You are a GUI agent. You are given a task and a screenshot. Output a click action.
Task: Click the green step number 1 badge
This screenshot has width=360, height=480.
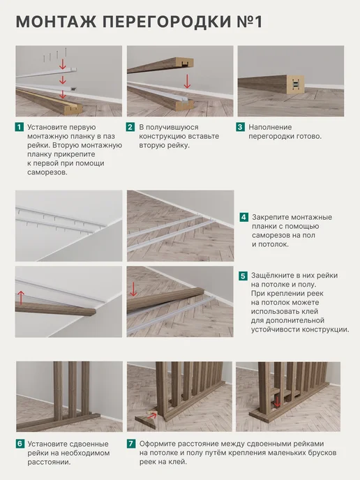(20, 127)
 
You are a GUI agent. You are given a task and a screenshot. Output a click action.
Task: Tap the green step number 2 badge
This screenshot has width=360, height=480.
(130, 127)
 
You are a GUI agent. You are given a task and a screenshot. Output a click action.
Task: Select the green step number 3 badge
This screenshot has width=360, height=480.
(240, 127)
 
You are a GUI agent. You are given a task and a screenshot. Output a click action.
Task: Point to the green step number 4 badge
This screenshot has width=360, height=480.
(243, 218)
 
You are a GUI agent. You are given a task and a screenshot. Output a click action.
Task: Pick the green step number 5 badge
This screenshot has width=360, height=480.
(243, 276)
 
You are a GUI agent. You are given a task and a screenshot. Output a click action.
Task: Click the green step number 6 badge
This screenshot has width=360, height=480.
(20, 444)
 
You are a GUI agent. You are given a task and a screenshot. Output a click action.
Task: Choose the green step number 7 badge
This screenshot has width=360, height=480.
(131, 444)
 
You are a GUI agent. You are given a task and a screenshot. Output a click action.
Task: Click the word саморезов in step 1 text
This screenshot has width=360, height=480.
(47, 172)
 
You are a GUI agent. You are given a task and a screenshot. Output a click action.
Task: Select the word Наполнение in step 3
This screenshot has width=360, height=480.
(270, 127)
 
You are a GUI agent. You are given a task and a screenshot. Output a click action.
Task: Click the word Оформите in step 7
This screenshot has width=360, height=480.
(158, 444)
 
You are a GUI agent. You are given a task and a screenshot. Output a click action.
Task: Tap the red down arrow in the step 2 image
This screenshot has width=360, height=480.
(187, 81)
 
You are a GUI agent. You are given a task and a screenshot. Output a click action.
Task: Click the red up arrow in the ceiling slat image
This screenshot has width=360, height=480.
(21, 297)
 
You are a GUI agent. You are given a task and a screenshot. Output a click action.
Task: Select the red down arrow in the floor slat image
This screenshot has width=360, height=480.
(133, 290)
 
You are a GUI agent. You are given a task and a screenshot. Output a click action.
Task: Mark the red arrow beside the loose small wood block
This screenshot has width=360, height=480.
(153, 415)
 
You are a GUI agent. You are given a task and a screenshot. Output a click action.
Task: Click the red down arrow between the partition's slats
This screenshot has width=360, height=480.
(277, 402)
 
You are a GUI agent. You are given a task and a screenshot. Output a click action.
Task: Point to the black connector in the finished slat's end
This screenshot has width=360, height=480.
(295, 84)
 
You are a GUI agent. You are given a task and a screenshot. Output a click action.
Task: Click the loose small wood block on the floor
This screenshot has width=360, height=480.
(146, 420)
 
